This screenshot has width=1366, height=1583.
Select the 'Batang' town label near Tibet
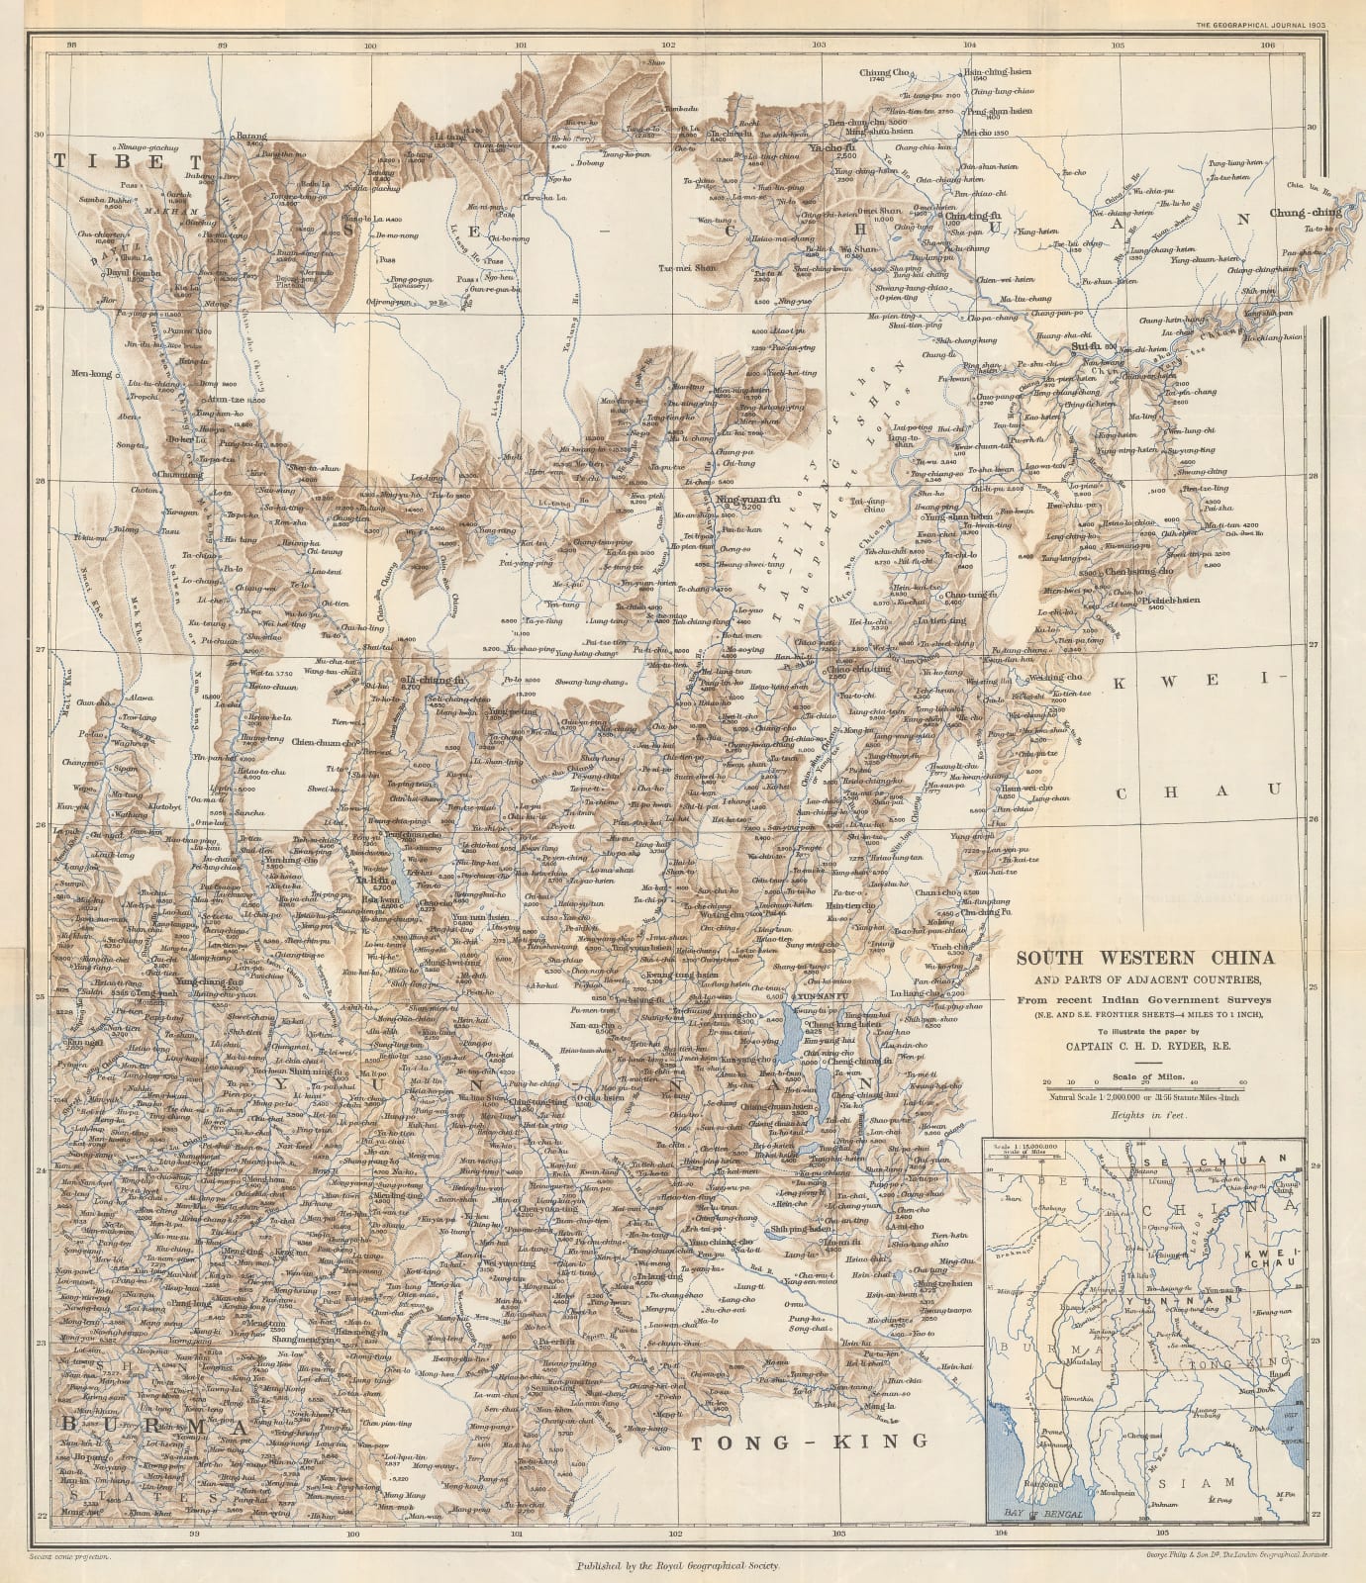coord(249,137)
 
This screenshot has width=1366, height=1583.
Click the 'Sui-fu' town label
coord(1087,347)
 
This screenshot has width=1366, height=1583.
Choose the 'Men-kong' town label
coord(91,374)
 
